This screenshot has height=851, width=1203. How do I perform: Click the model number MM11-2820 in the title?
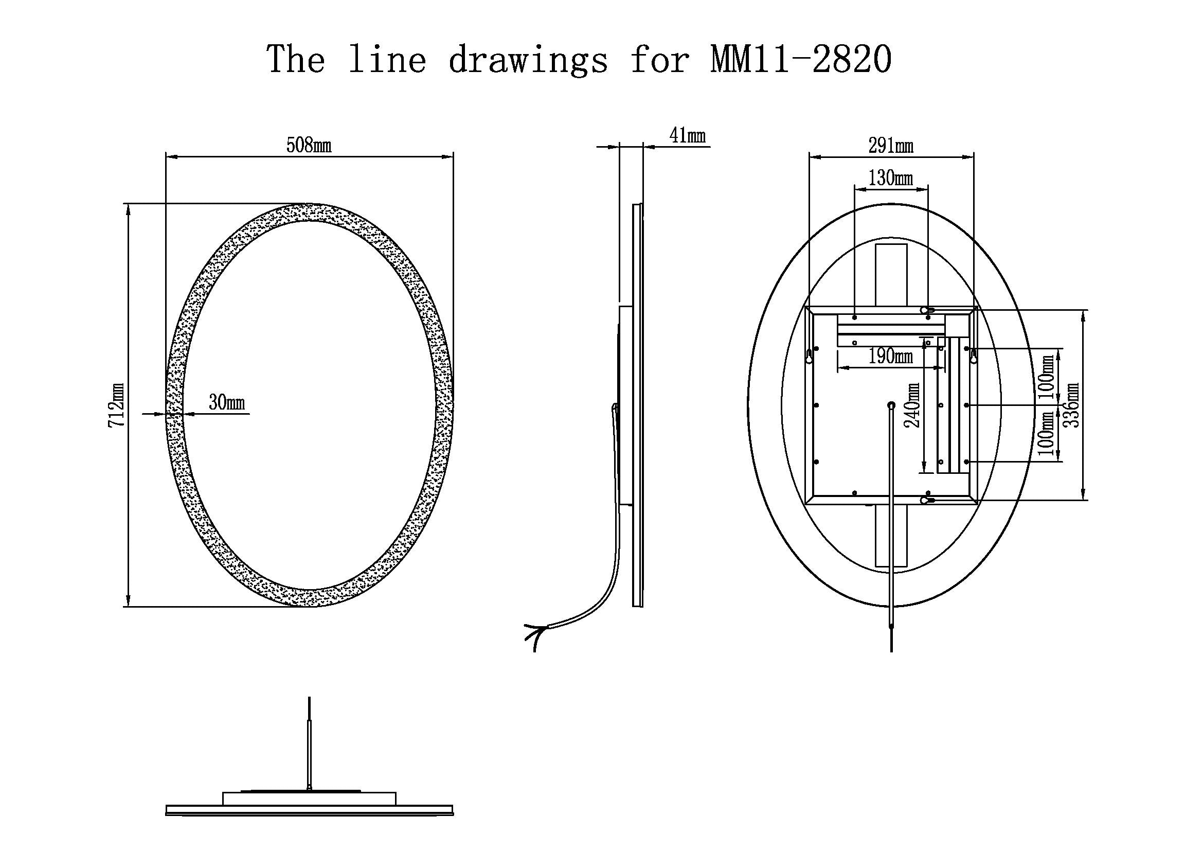(802, 59)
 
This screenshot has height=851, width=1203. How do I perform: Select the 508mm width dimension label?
(309, 145)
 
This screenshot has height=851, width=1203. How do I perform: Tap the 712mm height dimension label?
(117, 404)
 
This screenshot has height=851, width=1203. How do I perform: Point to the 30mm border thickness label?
(227, 402)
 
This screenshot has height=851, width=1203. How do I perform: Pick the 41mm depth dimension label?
(688, 136)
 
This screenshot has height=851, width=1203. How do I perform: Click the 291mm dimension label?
(891, 145)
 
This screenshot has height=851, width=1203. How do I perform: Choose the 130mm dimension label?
(891, 178)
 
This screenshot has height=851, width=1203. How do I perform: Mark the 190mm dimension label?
(891, 357)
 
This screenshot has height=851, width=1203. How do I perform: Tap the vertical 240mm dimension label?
(913, 404)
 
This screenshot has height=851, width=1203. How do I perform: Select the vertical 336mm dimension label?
(1072, 404)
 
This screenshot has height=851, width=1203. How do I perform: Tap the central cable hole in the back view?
(891, 404)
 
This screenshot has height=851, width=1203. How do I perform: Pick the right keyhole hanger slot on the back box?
(973, 357)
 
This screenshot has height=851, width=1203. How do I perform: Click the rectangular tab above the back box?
(891, 274)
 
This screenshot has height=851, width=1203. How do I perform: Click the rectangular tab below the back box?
(891, 535)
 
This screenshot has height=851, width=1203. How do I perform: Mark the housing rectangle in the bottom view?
(309, 798)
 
